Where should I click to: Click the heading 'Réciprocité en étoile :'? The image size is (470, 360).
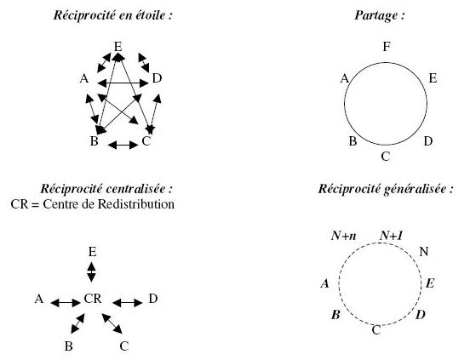113,15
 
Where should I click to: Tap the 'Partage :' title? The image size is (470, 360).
380,15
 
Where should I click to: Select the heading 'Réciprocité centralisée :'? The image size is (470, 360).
106,189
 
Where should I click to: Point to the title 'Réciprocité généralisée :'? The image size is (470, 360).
386,189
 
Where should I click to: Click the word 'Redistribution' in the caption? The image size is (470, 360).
136,204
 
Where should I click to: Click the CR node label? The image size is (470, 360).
93,299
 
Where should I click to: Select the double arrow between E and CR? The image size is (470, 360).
91,272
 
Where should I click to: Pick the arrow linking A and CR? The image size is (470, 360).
66,303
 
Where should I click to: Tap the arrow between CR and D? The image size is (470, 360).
128,303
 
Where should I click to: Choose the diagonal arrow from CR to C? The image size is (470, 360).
112,323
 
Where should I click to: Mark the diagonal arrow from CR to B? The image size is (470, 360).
77,323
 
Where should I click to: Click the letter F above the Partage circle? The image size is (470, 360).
387,47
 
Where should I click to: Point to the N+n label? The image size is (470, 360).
344,236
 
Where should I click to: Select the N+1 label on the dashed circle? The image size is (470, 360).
391,236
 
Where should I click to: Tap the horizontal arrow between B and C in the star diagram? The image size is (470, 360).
123,146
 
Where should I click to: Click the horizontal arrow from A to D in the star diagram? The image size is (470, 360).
123,83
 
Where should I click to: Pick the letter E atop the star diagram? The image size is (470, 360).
118,47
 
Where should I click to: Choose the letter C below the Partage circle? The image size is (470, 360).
386,157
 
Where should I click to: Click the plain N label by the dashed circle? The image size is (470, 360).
423,252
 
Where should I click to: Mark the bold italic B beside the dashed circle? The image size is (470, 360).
335,315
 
